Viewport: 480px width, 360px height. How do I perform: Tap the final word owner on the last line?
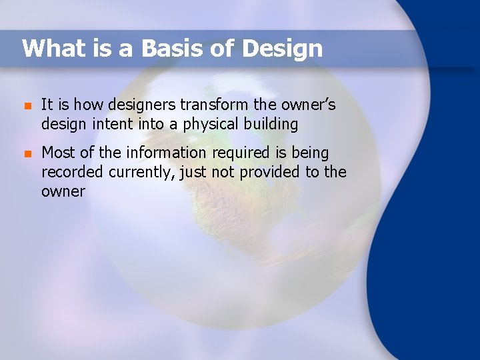tap(63, 191)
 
